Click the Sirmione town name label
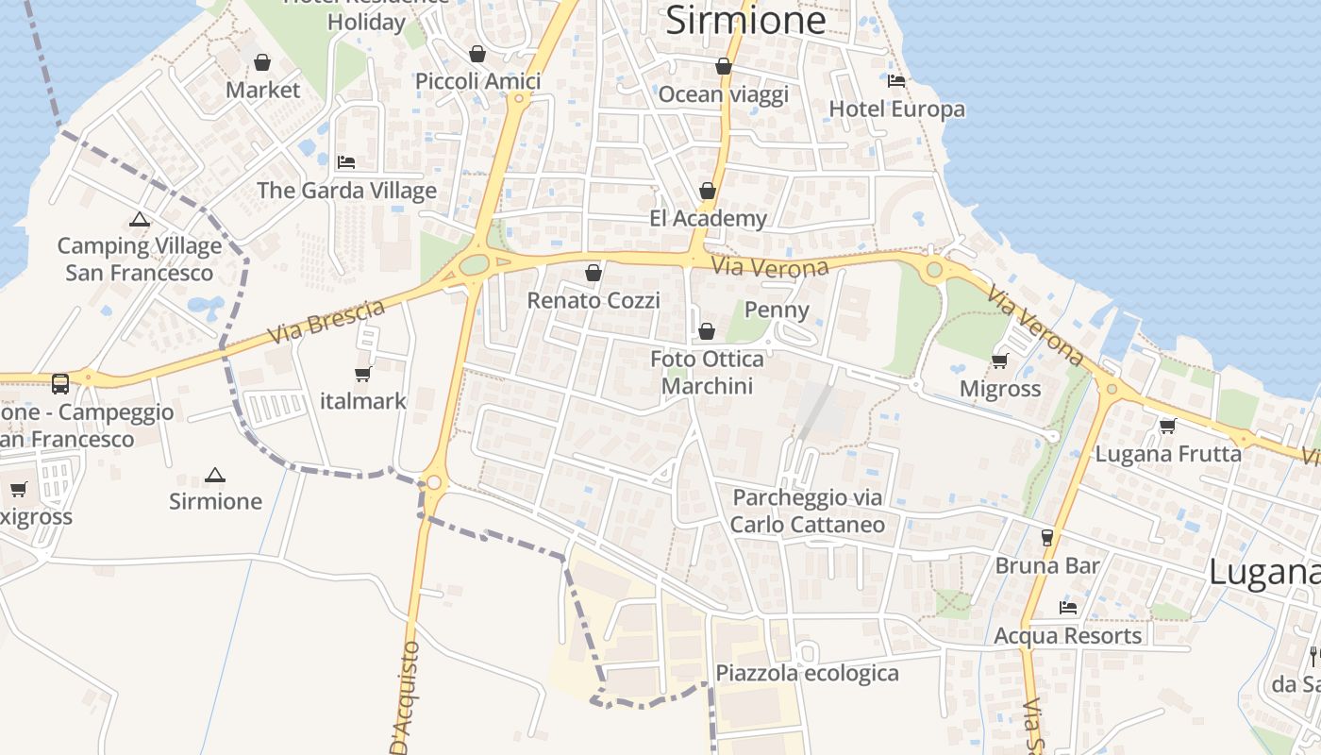pyautogui.click(x=745, y=20)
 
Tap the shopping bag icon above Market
pyautogui.click(x=262, y=62)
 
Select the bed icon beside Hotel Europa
pyautogui.click(x=896, y=81)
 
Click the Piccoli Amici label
pyautogui.click(x=478, y=81)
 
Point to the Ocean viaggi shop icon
pyautogui.click(x=723, y=66)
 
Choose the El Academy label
pyautogui.click(x=708, y=219)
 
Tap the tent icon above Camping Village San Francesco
pyautogui.click(x=140, y=220)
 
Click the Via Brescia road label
pyautogui.click(x=326, y=321)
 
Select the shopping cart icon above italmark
pyautogui.click(x=362, y=374)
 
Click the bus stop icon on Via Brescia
pyautogui.click(x=60, y=383)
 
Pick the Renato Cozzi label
pyautogui.click(x=593, y=300)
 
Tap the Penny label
pyautogui.click(x=777, y=310)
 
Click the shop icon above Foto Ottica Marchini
pyautogui.click(x=707, y=331)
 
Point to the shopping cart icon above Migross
pyautogui.click(x=1000, y=361)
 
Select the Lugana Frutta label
pyautogui.click(x=1168, y=454)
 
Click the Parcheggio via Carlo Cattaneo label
pyautogui.click(x=808, y=511)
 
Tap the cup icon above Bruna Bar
pyautogui.click(x=1046, y=538)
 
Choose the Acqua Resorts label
pyautogui.click(x=1068, y=636)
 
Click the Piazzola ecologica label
pyautogui.click(x=807, y=673)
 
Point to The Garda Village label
pyautogui.click(x=347, y=191)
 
